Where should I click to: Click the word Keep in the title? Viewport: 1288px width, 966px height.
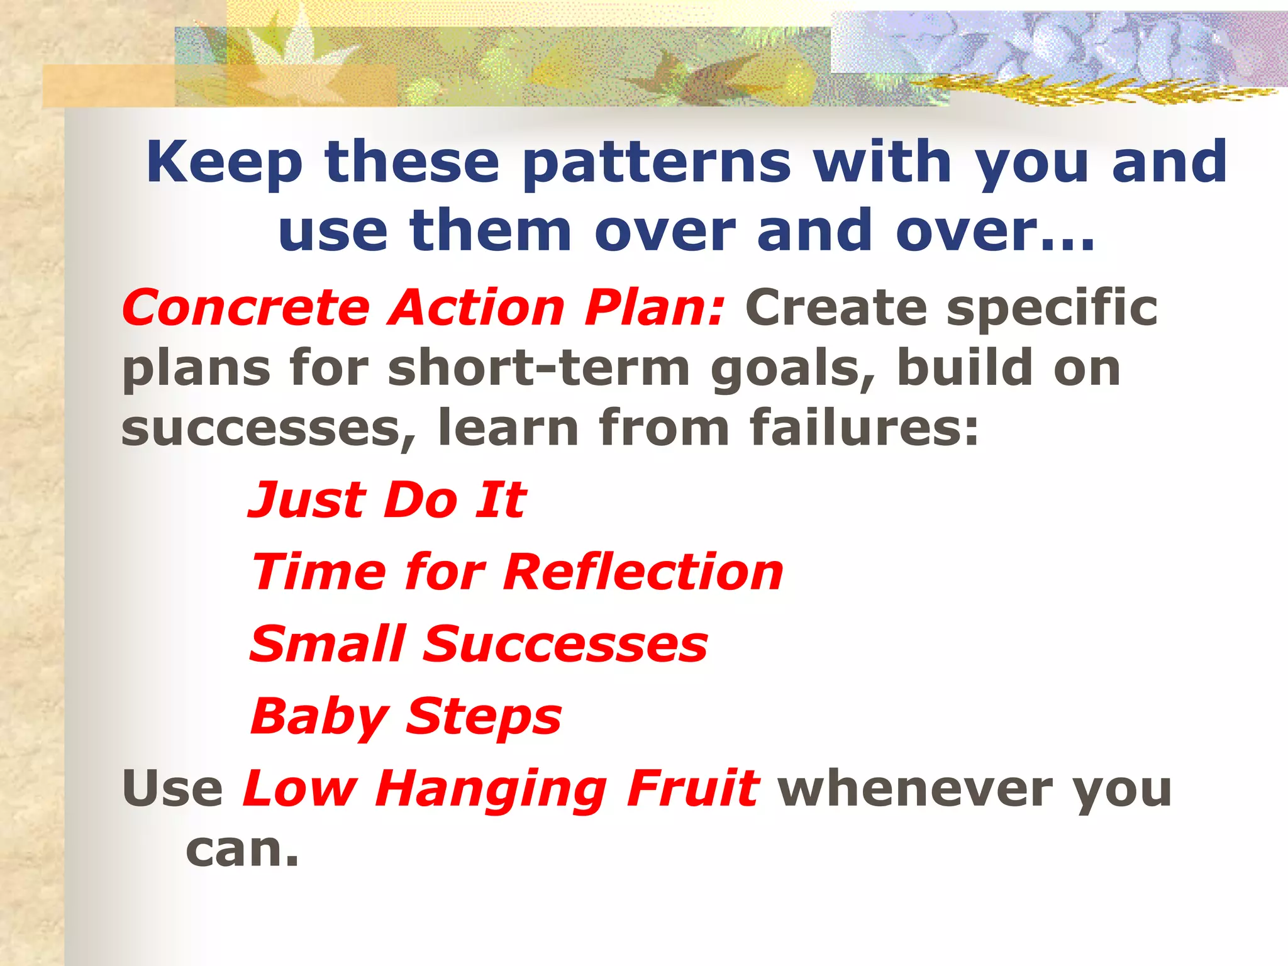tap(225, 162)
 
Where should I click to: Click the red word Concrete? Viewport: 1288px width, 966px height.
tap(246, 308)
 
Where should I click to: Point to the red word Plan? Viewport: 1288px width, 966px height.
tap(655, 308)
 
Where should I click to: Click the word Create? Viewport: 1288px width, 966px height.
tap(836, 308)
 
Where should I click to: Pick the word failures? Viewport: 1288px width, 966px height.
tap(864, 428)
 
